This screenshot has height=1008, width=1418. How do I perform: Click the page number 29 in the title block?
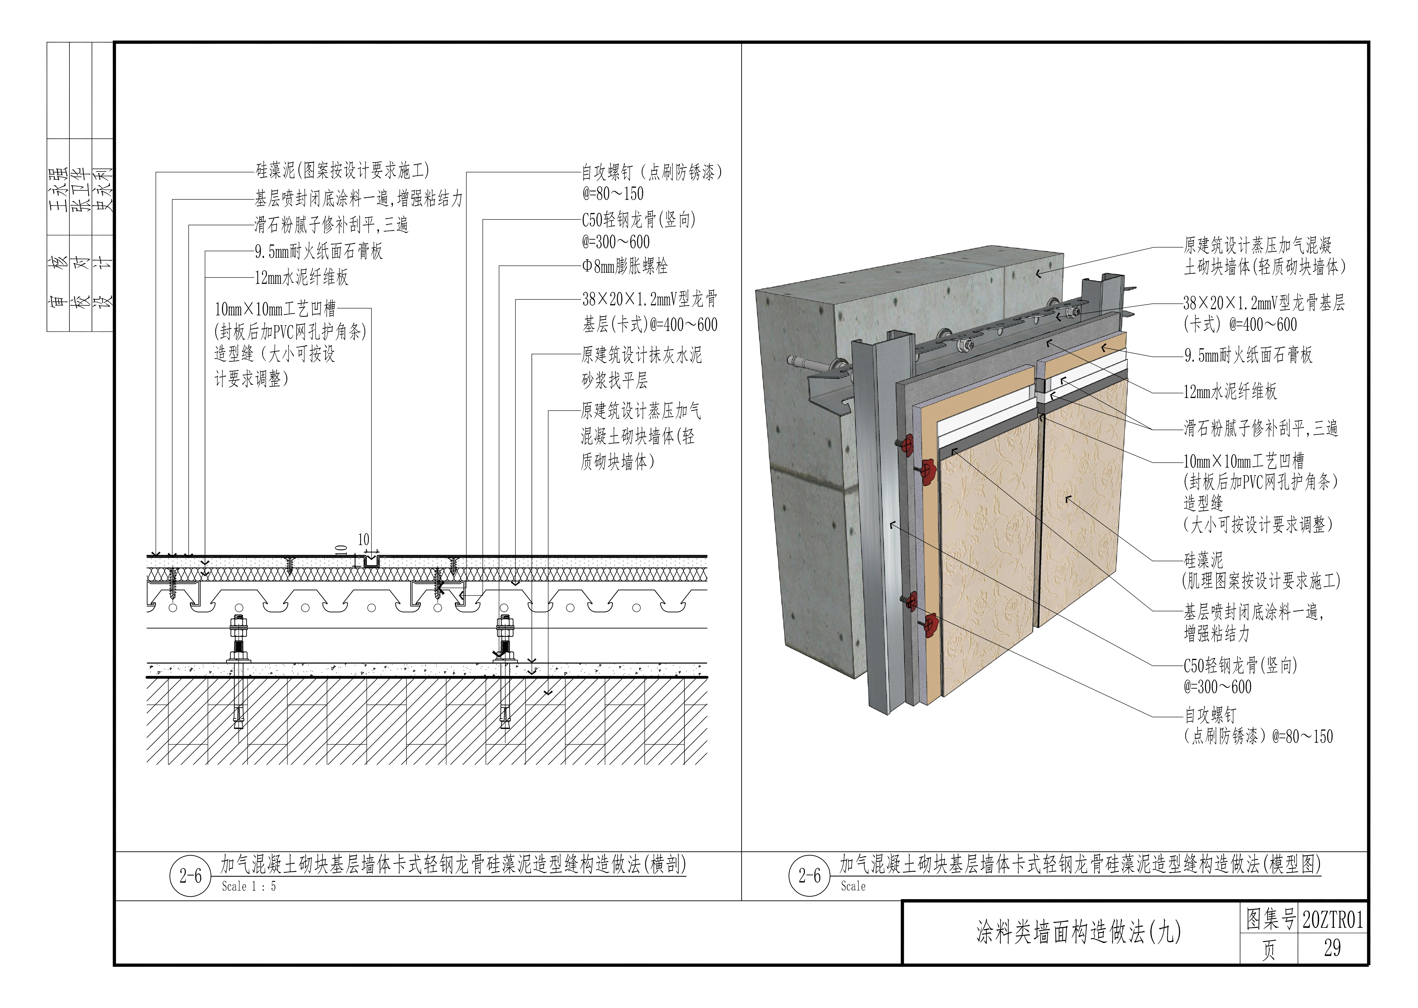click(x=1332, y=948)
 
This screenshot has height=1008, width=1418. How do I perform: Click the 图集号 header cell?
click(x=1270, y=919)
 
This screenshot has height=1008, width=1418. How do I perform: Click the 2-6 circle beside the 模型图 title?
click(x=810, y=876)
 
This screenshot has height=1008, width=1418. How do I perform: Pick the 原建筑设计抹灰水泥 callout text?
click(x=641, y=355)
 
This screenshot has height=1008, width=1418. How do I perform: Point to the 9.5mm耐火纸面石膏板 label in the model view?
click(x=1248, y=355)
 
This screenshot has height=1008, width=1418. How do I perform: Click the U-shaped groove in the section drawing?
click(x=372, y=562)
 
